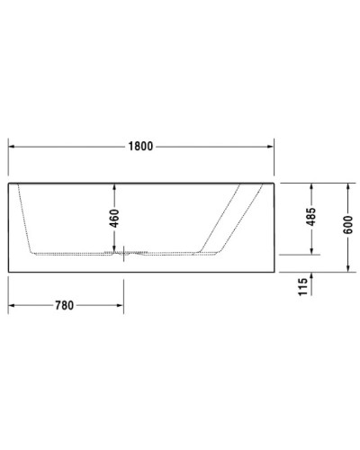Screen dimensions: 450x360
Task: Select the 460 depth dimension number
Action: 114,219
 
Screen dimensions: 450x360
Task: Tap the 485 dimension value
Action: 310,219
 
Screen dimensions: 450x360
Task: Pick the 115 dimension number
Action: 303,286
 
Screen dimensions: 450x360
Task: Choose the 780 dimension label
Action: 64,304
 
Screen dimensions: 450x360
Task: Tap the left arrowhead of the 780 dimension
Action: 12,304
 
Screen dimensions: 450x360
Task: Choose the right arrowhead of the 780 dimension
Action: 124,304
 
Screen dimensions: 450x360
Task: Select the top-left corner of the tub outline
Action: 8,182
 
